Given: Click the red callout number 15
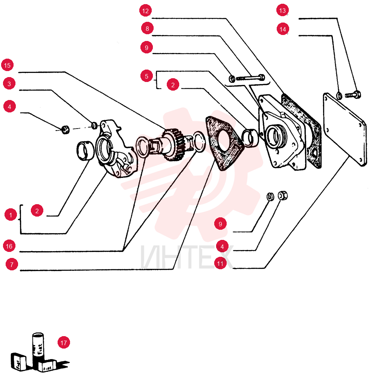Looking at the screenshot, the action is (x=8, y=65).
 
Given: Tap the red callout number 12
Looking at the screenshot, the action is (x=145, y=11).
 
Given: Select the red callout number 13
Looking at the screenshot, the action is (x=283, y=10).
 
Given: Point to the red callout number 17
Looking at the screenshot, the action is (x=64, y=343).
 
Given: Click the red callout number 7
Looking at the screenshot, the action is (x=12, y=264).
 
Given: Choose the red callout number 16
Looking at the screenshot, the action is (x=9, y=246).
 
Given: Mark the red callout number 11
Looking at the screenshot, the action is (x=220, y=263).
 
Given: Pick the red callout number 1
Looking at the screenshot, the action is (x=11, y=215).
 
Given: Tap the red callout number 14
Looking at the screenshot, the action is (x=283, y=29).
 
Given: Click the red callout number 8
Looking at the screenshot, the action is (x=148, y=28).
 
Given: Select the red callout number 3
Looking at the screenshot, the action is (x=9, y=83).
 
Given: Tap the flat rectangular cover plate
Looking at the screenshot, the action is (x=345, y=129).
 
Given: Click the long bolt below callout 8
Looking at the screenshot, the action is (x=250, y=78).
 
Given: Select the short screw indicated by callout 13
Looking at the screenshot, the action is (x=353, y=94).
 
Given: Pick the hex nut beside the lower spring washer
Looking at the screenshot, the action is (x=283, y=196).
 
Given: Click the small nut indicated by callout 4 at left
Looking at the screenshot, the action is (x=65, y=129).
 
